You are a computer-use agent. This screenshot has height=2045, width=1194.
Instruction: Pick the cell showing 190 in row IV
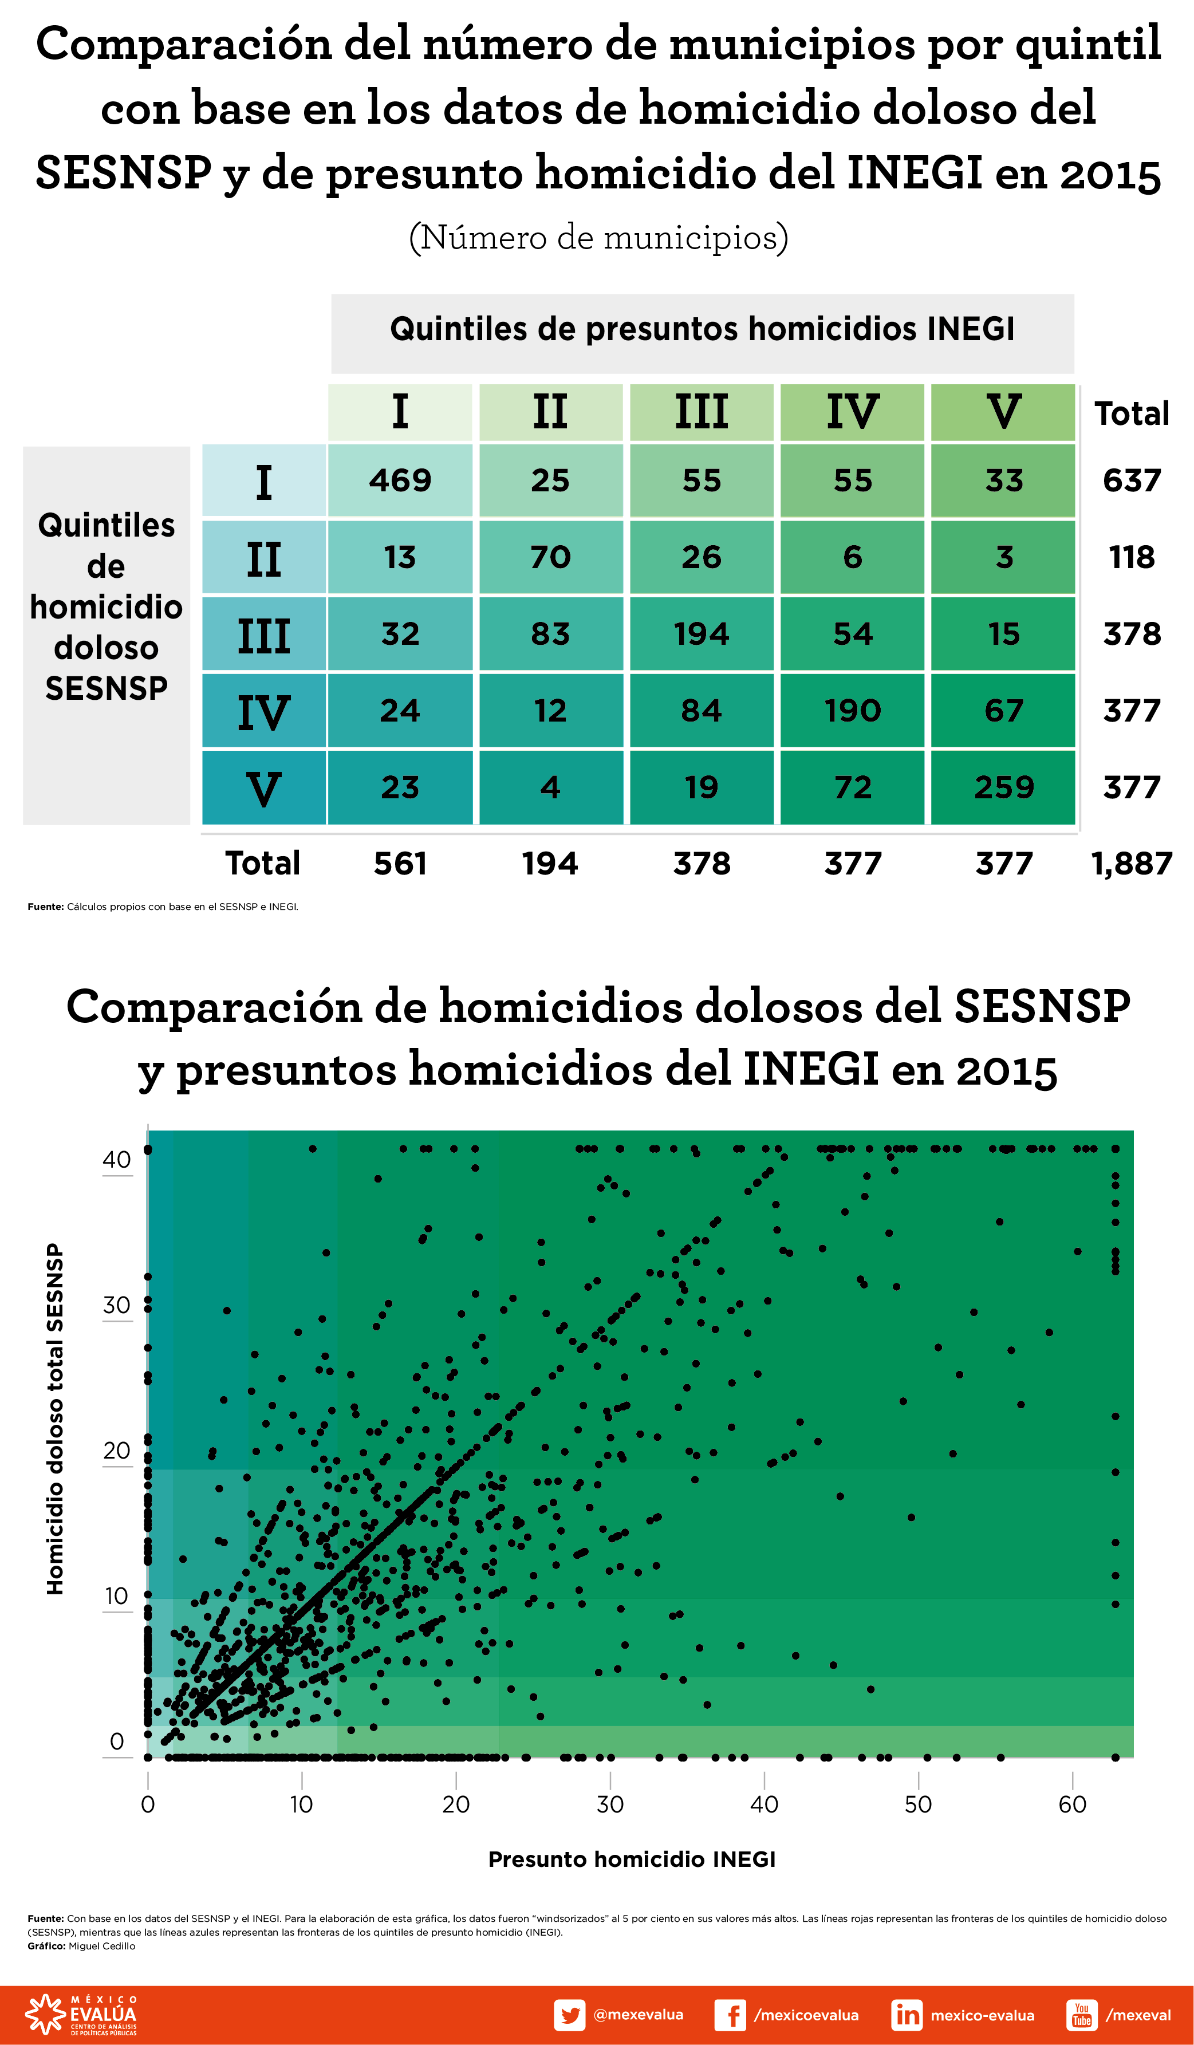852,710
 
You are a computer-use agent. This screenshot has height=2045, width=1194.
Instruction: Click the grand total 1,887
1132,864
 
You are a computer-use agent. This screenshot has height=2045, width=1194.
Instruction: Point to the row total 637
1132,479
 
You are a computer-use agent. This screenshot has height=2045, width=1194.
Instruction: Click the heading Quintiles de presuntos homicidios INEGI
702,329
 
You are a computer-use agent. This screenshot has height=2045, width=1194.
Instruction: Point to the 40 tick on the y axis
117,1160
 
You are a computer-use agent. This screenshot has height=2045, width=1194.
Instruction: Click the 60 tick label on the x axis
1072,1805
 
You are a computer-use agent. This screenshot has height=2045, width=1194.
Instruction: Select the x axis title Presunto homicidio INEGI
632,1859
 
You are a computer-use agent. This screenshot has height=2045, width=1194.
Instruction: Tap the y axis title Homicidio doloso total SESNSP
54,1420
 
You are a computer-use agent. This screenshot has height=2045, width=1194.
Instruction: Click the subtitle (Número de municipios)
598,238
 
